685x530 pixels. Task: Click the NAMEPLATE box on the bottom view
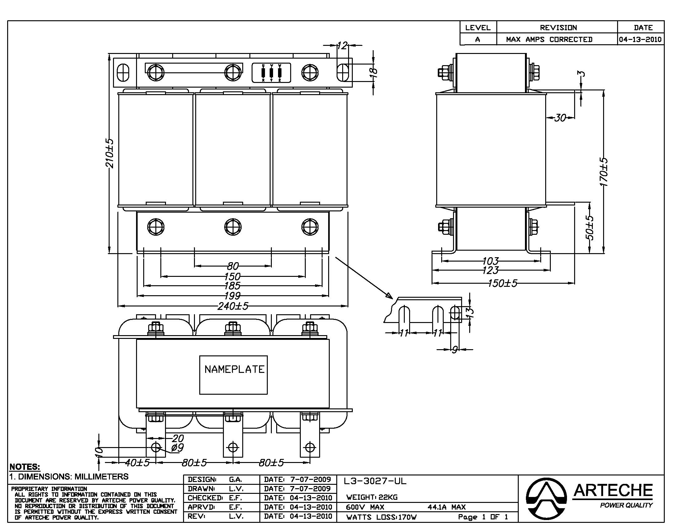click(x=233, y=374)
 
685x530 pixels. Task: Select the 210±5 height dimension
click(x=110, y=153)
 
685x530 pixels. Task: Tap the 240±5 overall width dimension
click(x=233, y=306)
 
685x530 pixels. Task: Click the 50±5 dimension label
click(x=589, y=227)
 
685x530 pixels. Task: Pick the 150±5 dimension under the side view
click(x=503, y=283)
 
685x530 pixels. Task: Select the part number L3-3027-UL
click(x=375, y=481)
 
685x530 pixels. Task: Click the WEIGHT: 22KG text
click(x=372, y=497)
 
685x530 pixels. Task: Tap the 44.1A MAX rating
click(x=446, y=507)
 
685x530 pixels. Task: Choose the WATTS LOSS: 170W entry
click(x=381, y=517)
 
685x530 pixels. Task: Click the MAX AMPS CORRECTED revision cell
click(x=549, y=40)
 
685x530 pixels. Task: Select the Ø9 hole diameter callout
click(x=177, y=447)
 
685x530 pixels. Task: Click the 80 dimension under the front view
click(x=233, y=266)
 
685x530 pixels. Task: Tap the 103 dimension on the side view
click(x=490, y=261)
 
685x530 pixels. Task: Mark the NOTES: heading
click(x=25, y=467)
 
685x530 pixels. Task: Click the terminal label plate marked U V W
click(x=271, y=73)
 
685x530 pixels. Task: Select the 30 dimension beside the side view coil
click(x=560, y=118)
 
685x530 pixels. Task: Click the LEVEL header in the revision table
click(x=478, y=28)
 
